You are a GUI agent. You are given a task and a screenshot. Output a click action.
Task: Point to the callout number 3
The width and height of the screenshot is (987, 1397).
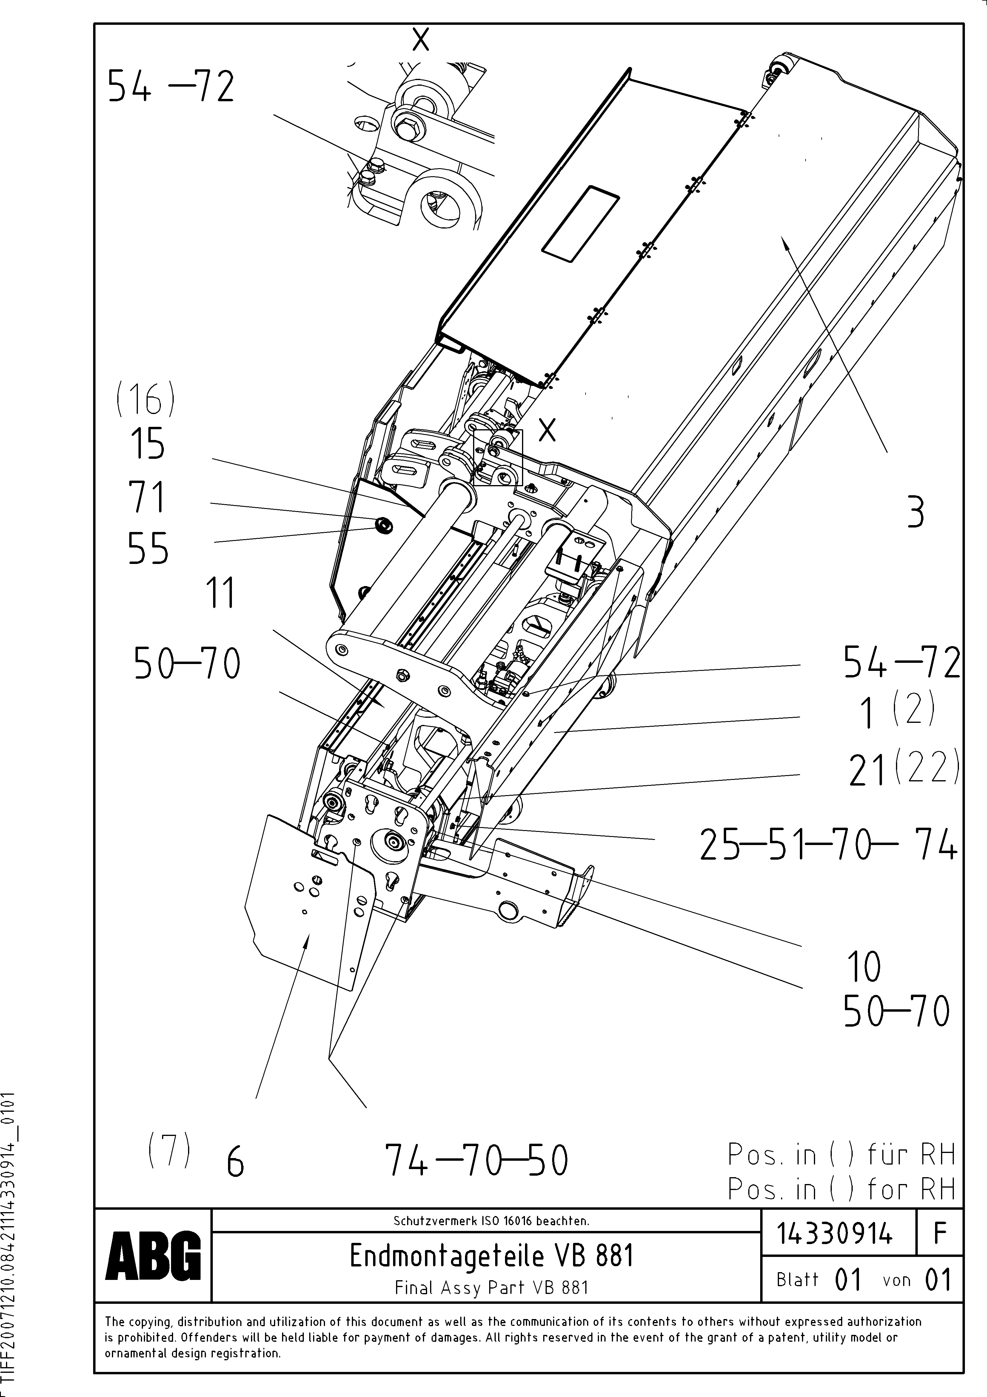pyautogui.click(x=915, y=513)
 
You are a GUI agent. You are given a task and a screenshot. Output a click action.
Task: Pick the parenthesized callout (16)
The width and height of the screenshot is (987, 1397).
pyautogui.click(x=145, y=401)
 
